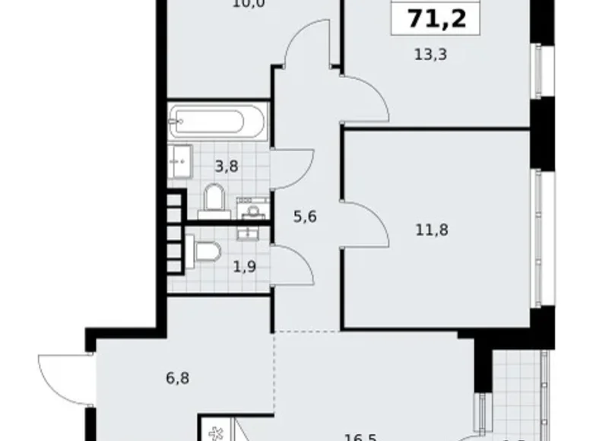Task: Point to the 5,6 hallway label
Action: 304,216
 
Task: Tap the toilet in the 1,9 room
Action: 205,249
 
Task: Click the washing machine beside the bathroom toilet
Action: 251,208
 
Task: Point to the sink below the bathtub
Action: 179,161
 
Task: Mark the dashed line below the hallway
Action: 306,332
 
